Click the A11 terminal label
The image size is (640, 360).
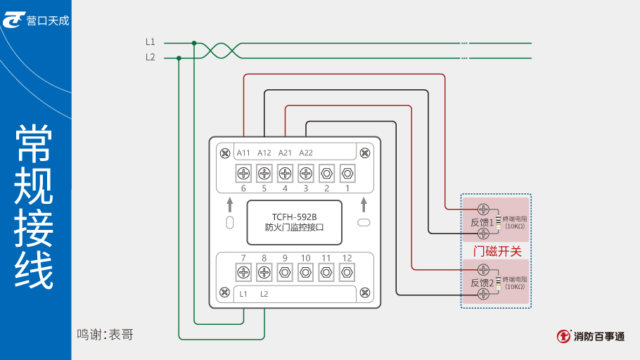click(x=243, y=153)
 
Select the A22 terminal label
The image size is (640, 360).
click(x=306, y=153)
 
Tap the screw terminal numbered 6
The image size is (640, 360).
click(x=243, y=172)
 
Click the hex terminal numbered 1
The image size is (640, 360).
click(x=347, y=172)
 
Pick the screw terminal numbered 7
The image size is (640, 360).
click(x=243, y=272)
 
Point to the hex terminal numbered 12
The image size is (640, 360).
click(x=347, y=272)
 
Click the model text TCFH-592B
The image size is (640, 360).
click(x=294, y=217)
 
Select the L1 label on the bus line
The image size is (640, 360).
click(x=151, y=43)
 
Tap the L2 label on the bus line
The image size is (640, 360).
click(x=151, y=58)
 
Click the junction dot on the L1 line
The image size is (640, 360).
click(x=194, y=43)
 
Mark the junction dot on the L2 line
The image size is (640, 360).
click(x=179, y=58)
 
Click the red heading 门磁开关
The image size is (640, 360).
click(x=497, y=252)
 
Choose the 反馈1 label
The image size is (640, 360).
click(x=482, y=223)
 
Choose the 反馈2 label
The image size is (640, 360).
click(x=482, y=283)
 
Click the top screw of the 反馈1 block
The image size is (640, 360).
click(x=483, y=209)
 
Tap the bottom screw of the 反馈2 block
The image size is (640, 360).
click(x=483, y=295)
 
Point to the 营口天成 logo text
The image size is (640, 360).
click(x=48, y=20)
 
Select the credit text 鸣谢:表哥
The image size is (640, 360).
click(x=105, y=335)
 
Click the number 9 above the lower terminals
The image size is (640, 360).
click(x=285, y=258)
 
